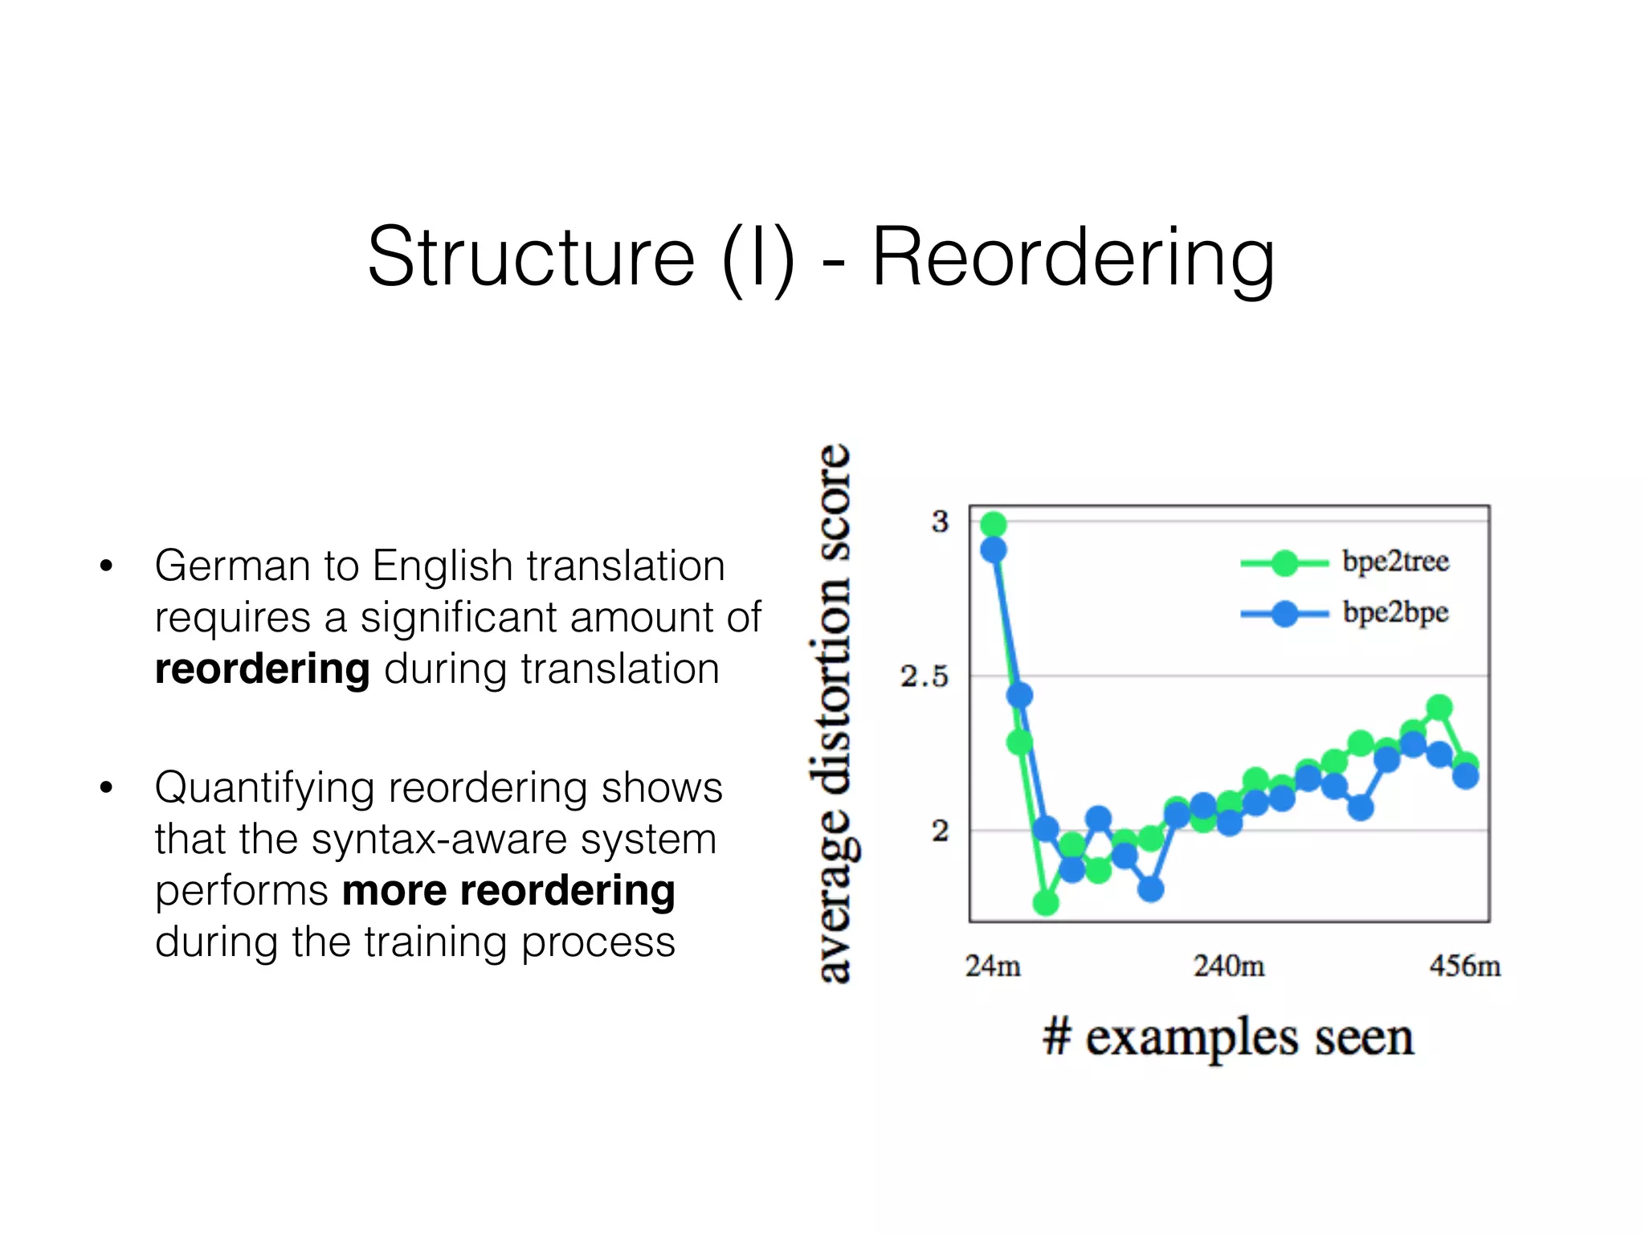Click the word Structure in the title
tap(531, 257)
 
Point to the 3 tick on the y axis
tap(940, 522)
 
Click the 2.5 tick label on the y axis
tap(925, 676)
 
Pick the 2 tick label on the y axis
tap(940, 831)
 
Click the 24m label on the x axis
tap(993, 966)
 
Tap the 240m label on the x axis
tap(1229, 966)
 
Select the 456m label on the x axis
tap(1465, 966)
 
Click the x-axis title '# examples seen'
tap(1228, 1037)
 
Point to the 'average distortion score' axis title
tap(834, 713)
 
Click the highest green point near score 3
tap(994, 525)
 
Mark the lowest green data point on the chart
tap(1046, 903)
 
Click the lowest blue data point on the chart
tap(1151, 889)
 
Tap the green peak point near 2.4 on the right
tap(1439, 707)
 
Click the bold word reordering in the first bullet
tap(262, 669)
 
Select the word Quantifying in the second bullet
tap(264, 789)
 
